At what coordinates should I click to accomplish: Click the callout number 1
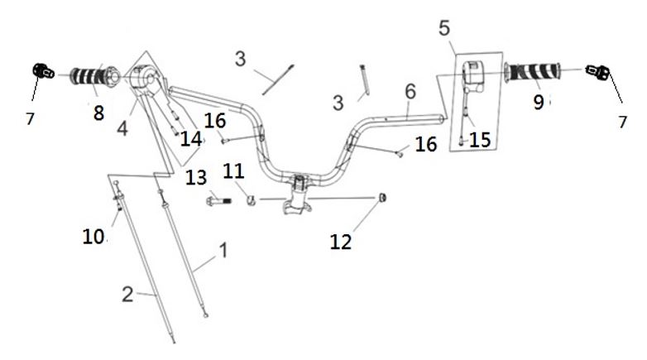[221, 248]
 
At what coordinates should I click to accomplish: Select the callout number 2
[127, 293]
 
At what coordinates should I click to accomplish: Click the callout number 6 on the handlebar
[411, 90]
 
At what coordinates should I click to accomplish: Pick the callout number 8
[99, 113]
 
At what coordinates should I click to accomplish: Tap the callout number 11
[234, 171]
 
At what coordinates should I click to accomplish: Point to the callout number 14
[191, 139]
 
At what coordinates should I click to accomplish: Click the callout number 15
[480, 140]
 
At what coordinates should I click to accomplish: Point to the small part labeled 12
[383, 197]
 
